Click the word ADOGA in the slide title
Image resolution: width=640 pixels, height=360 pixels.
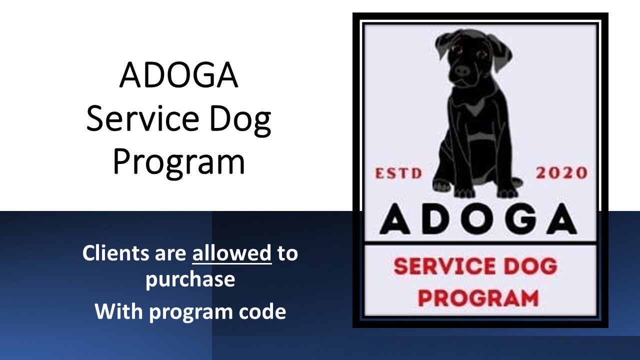click(179, 74)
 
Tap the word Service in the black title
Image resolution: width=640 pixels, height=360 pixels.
click(142, 118)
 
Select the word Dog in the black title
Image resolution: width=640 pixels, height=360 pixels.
click(240, 120)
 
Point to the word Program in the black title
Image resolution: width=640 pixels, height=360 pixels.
click(179, 163)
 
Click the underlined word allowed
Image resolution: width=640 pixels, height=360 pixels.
click(232, 253)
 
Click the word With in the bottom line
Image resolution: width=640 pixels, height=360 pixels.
click(118, 311)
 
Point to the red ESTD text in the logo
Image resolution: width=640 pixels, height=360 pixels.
click(398, 173)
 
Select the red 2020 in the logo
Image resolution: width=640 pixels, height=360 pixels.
click(561, 173)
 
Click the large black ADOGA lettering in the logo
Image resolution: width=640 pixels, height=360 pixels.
click(478, 219)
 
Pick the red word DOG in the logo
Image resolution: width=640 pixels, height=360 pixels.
click(530, 266)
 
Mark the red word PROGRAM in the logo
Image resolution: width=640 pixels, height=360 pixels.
click(478, 298)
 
